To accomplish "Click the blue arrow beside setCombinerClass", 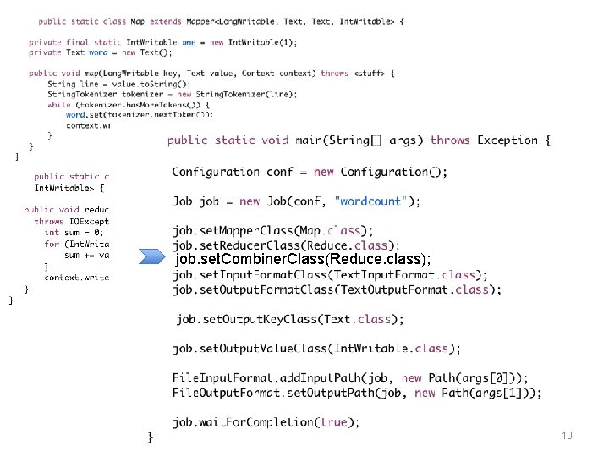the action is [x=155, y=258].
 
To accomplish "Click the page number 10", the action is [x=567, y=436].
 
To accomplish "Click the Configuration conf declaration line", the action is [x=310, y=172].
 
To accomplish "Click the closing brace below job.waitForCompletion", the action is [x=151, y=437].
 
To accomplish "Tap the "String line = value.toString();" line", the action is [x=110, y=84].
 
